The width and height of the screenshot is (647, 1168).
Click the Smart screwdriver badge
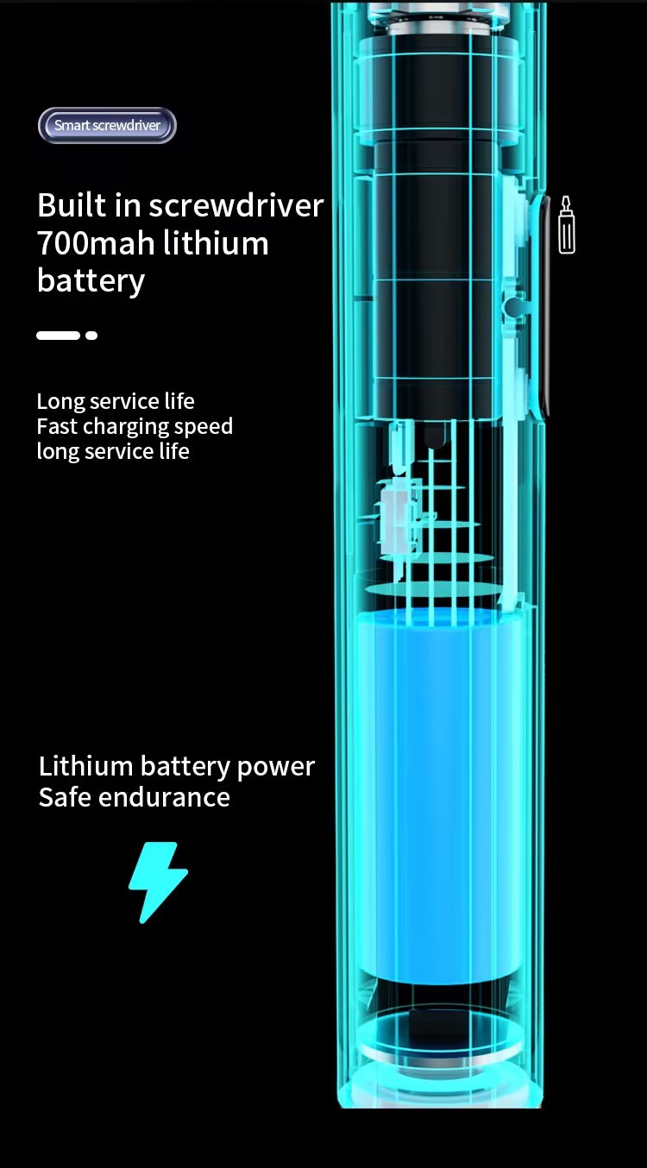[x=107, y=125]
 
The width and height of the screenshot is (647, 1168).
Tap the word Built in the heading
[x=71, y=205]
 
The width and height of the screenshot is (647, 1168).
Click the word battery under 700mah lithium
[x=91, y=280]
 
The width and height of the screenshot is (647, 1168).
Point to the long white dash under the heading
[x=58, y=336]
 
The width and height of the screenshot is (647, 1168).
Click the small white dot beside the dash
[x=91, y=336]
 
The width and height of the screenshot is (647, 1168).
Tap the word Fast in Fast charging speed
[x=57, y=426]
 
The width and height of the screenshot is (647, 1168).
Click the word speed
[x=204, y=427]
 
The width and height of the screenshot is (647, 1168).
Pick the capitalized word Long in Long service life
[x=60, y=401]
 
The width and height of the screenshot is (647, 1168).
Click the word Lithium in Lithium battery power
[x=85, y=766]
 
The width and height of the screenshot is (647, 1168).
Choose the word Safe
[x=65, y=797]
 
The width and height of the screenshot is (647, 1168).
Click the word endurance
[x=165, y=797]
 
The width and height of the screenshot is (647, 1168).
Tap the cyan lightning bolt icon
[x=158, y=882]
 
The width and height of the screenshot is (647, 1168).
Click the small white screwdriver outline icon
[x=567, y=225]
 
